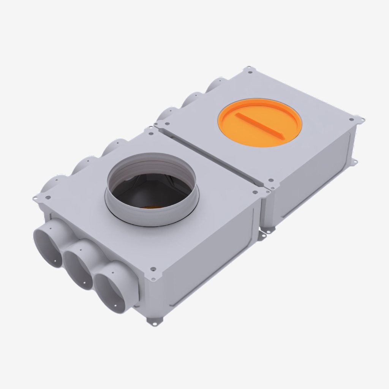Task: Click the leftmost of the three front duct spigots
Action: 48,243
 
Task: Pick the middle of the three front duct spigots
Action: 78,264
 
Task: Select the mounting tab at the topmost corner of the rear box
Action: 249,70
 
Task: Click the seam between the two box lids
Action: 213,156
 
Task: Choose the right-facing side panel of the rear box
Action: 312,182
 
